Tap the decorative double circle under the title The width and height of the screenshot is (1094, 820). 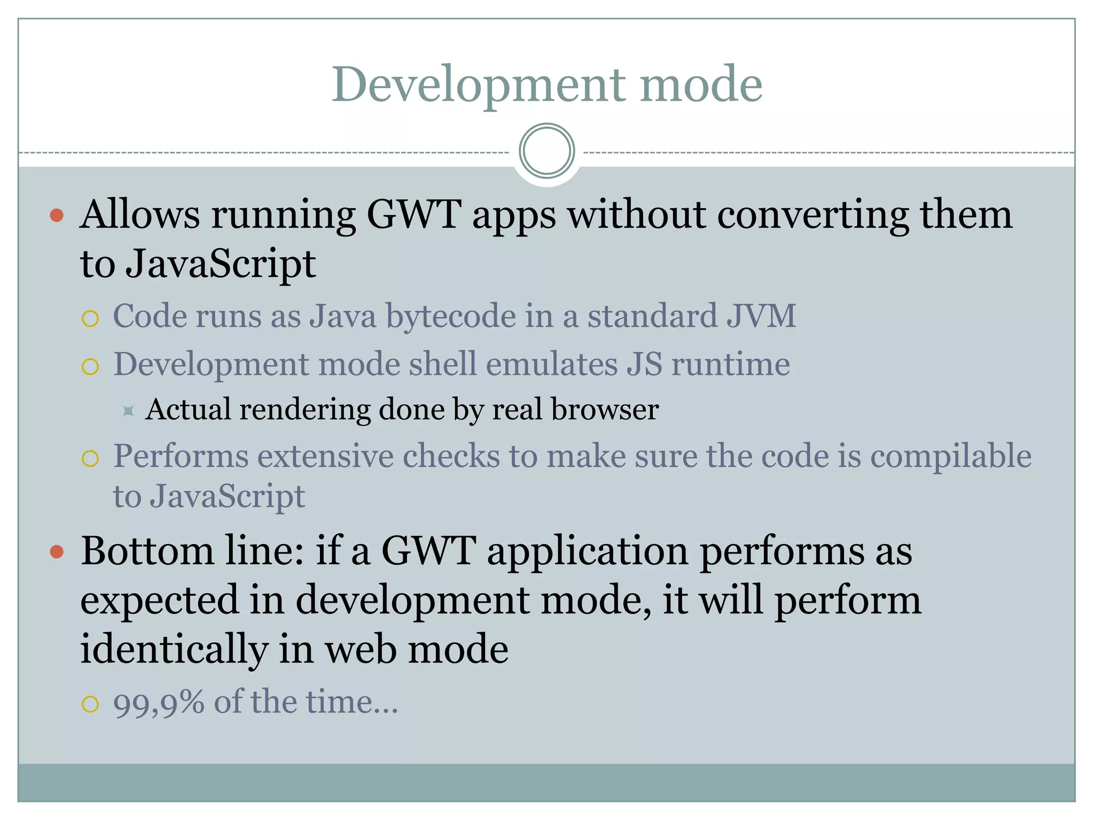[x=546, y=151]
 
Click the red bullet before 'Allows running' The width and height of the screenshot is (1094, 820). [x=57, y=216]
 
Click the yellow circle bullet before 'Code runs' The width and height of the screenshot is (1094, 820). [x=90, y=319]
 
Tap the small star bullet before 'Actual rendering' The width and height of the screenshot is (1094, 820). [x=128, y=411]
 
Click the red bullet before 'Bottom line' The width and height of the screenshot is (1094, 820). [x=57, y=551]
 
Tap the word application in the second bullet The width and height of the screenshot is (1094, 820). [x=588, y=552]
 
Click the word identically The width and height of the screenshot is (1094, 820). [x=174, y=650]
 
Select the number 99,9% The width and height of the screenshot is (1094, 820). [x=159, y=703]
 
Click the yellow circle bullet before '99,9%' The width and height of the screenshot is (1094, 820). [x=90, y=704]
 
